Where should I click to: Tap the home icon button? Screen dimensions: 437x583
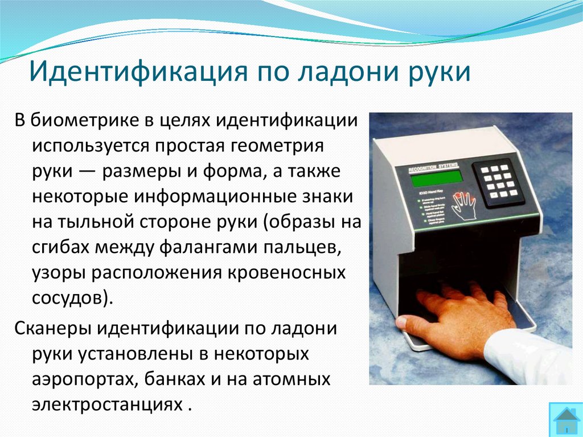(x=565, y=420)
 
